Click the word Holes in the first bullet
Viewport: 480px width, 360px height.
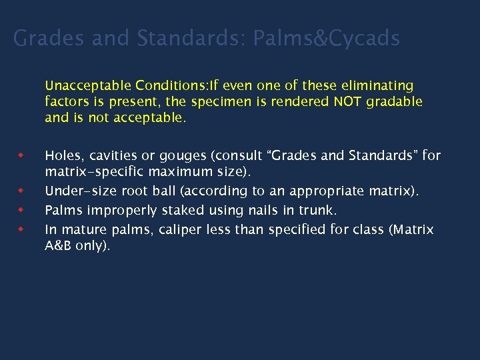tap(61, 156)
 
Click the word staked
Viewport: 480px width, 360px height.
tap(177, 211)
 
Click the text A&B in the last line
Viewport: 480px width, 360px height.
tap(59, 245)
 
